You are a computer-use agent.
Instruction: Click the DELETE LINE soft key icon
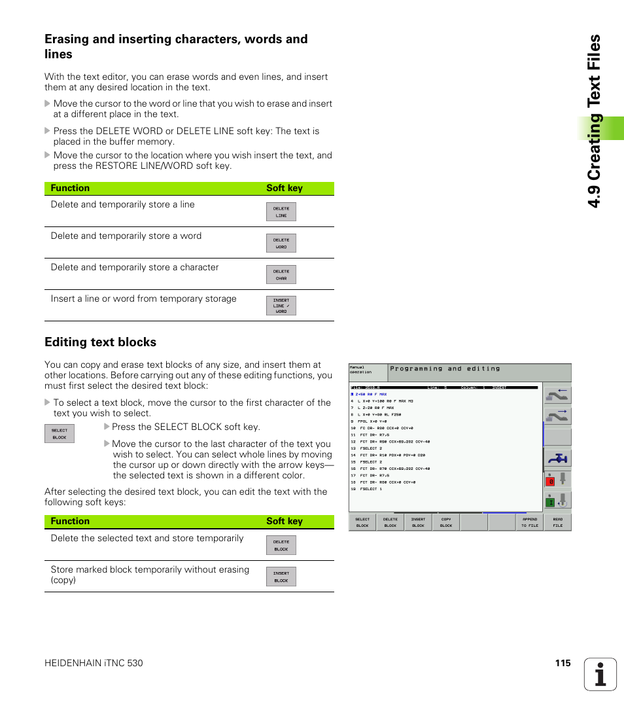coord(281,212)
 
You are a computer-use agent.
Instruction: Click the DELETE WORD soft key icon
coord(281,243)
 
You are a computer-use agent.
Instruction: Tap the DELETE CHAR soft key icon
coord(281,275)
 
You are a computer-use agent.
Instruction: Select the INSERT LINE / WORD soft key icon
coord(281,306)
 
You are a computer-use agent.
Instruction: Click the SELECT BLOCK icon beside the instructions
coord(60,434)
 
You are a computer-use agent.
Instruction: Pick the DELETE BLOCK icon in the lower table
coord(281,545)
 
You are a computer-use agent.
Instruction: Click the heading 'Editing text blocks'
coord(100,342)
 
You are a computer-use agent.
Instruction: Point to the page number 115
coord(563,663)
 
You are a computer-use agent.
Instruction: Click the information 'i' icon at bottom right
coord(600,674)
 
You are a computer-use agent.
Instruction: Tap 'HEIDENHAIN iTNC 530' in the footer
coord(94,663)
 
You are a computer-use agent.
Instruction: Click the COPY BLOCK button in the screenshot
coord(446,522)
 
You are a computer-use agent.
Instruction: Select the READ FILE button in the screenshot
coord(557,522)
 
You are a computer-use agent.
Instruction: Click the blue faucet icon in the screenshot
coord(558,459)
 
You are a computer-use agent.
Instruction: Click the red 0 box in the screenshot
coord(551,481)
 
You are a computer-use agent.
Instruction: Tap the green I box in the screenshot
coord(551,502)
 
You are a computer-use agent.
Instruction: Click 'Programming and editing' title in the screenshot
coord(445,369)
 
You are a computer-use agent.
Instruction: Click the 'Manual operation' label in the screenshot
coord(360,370)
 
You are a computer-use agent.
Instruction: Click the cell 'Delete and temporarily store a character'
coord(135,268)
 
